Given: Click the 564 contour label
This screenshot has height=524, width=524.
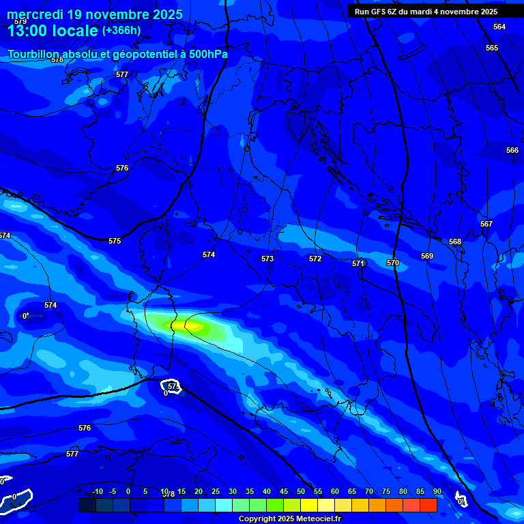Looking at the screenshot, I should [x=499, y=27].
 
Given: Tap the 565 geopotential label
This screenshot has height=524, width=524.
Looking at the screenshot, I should [x=492, y=48].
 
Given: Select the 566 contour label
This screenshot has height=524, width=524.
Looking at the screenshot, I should [x=512, y=150].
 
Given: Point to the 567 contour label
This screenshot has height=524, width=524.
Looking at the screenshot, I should [x=486, y=224].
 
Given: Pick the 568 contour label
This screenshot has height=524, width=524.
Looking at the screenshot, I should [x=455, y=242].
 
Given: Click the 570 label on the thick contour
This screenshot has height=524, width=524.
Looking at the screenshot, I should [x=392, y=263].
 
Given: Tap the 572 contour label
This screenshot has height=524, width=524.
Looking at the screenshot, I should [x=315, y=259].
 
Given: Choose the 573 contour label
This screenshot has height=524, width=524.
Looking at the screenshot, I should [x=267, y=259].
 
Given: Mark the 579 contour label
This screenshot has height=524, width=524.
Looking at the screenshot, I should [x=20, y=22].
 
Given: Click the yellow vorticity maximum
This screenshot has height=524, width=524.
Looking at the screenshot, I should [x=193, y=327].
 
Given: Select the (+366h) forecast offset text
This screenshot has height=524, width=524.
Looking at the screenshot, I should [x=121, y=30].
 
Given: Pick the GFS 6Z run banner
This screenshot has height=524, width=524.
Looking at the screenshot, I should [x=426, y=12].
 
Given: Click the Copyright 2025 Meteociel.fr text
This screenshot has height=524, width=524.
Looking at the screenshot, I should [x=290, y=519].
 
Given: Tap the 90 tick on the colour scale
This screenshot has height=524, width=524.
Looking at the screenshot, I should [x=437, y=492].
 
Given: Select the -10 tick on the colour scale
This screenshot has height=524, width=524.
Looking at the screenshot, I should [x=97, y=492].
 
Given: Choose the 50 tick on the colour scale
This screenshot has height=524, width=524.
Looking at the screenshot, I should [x=301, y=492].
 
